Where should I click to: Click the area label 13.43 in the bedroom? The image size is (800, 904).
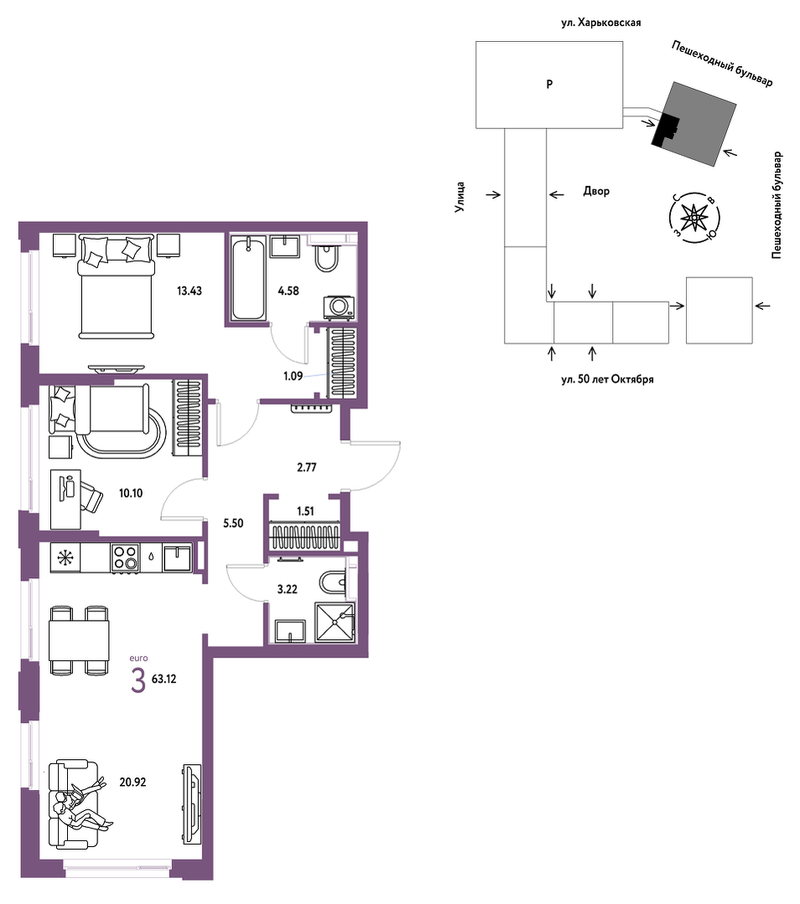190,292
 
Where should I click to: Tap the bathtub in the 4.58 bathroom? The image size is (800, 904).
248,279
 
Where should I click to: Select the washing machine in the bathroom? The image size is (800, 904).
340,307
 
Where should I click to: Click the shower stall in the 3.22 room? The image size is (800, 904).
335,622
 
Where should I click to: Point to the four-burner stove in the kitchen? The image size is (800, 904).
125,557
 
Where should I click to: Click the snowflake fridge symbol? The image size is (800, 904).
65,558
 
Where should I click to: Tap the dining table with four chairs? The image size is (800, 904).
79,640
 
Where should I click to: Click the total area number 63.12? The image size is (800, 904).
164,679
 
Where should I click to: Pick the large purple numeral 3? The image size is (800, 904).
138,681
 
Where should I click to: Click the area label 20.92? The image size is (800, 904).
132,783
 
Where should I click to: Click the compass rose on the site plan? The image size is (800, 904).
694,217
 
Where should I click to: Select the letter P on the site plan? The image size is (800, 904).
549,84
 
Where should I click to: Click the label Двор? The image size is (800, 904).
596,191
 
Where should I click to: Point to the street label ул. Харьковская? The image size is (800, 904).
601,23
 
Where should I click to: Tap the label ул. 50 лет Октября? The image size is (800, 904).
607,380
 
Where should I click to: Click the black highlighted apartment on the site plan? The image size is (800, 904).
665,129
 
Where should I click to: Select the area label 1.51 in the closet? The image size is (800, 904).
305,511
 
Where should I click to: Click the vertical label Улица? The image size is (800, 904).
460,197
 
